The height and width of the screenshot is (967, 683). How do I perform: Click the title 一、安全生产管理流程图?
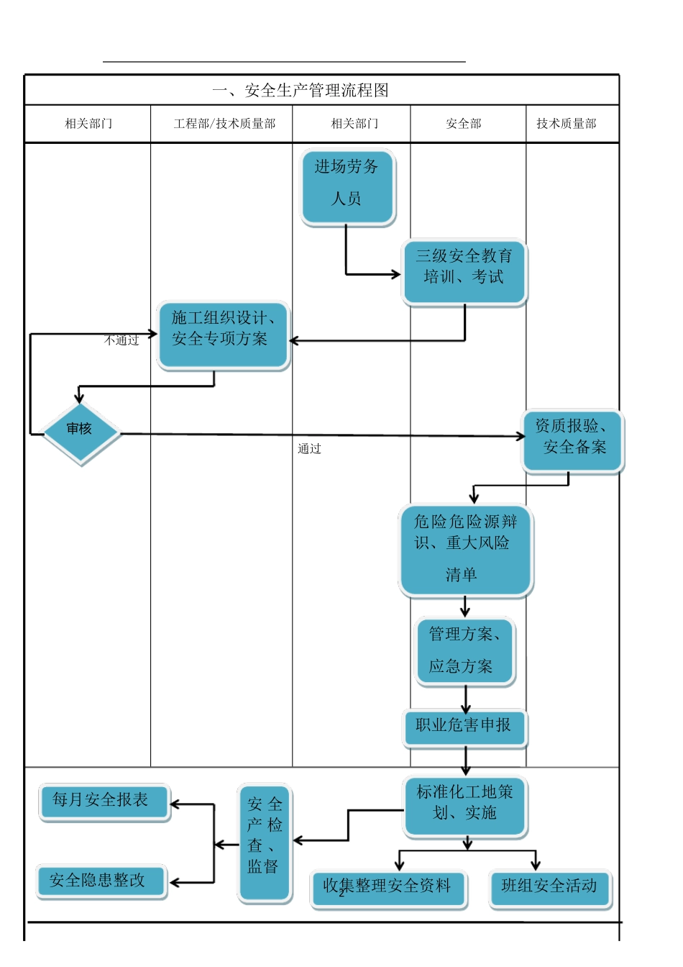[x=301, y=91]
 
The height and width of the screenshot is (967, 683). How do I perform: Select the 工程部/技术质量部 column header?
[x=224, y=124]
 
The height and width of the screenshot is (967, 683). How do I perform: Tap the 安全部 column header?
[x=464, y=124]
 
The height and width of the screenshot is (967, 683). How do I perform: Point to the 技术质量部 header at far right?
[x=567, y=124]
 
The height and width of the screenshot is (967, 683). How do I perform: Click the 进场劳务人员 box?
[x=347, y=187]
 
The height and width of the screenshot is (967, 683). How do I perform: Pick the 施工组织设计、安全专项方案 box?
[x=223, y=335]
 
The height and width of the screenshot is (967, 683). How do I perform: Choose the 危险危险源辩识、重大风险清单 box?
[x=466, y=550]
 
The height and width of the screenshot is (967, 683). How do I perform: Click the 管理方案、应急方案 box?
[x=465, y=650]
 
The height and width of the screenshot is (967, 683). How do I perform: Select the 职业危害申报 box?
[x=464, y=728]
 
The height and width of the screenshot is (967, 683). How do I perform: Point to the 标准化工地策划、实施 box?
[x=465, y=807]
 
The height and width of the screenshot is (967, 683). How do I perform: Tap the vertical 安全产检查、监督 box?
[x=265, y=842]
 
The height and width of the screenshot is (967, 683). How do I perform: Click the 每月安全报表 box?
[x=104, y=802]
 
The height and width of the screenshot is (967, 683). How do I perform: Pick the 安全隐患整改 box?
[x=101, y=881]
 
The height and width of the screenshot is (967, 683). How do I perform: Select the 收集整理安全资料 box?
[x=388, y=889]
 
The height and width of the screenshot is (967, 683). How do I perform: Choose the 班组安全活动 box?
[x=550, y=889]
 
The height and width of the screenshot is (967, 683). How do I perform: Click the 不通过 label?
[x=122, y=340]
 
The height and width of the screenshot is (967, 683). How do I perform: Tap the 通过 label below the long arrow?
[x=310, y=449]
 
